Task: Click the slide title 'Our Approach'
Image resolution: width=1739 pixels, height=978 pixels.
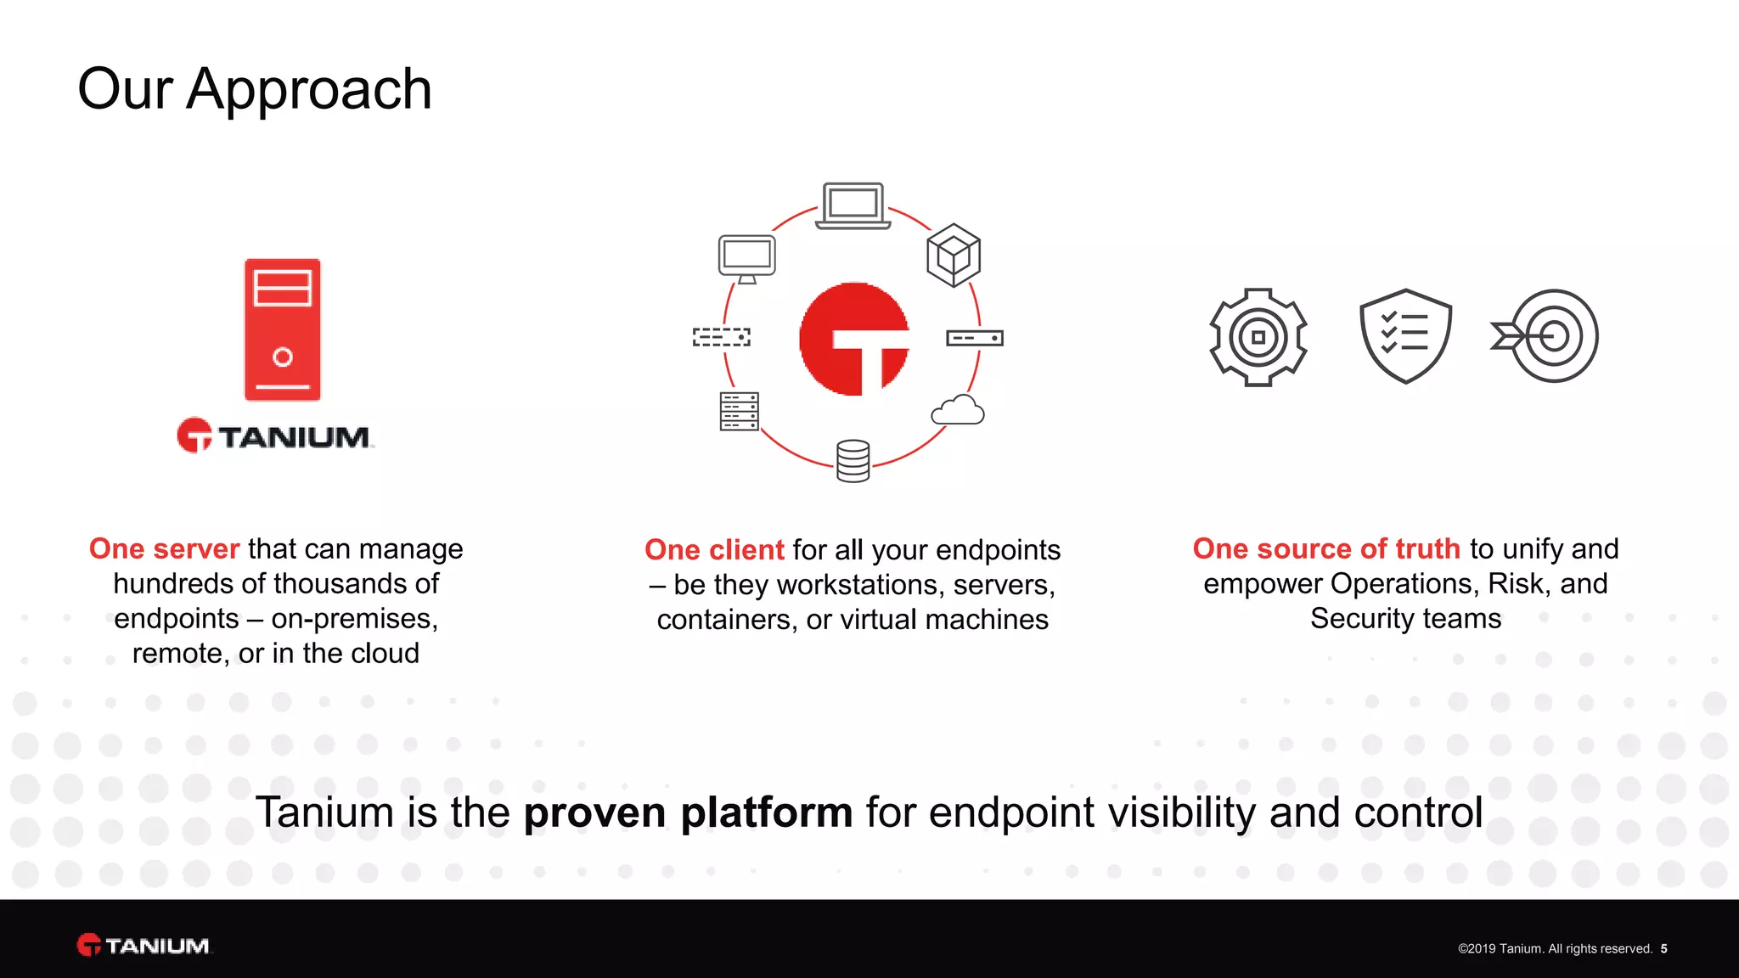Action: pyautogui.click(x=255, y=89)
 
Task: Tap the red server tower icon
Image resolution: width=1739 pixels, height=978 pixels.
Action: pyautogui.click(x=283, y=329)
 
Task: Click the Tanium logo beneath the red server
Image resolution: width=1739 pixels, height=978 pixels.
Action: pyautogui.click(x=275, y=436)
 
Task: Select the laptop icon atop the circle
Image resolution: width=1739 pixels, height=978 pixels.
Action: pyautogui.click(x=853, y=206)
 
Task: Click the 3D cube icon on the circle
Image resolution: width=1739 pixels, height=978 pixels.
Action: pyautogui.click(x=954, y=255)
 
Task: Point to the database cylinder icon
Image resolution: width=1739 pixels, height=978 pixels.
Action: pyautogui.click(x=853, y=461)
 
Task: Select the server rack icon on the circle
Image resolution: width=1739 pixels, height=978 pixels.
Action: pyautogui.click(x=739, y=412)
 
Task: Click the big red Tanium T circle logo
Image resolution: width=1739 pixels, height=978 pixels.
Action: pyautogui.click(x=854, y=339)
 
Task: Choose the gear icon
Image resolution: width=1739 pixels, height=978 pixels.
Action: pyautogui.click(x=1258, y=337)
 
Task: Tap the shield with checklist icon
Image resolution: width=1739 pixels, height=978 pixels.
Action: pyautogui.click(x=1405, y=336)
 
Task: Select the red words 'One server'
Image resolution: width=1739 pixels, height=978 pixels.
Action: pyautogui.click(x=165, y=549)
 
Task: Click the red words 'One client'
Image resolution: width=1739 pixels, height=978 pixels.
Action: pyautogui.click(x=714, y=550)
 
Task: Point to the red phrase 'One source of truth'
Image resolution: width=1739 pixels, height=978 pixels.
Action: pyautogui.click(x=1326, y=549)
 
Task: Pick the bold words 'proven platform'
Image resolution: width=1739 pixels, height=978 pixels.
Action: pyautogui.click(x=688, y=812)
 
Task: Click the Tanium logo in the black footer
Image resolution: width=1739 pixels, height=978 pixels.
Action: pyautogui.click(x=144, y=946)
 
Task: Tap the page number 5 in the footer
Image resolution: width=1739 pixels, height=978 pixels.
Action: pyautogui.click(x=1664, y=949)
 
